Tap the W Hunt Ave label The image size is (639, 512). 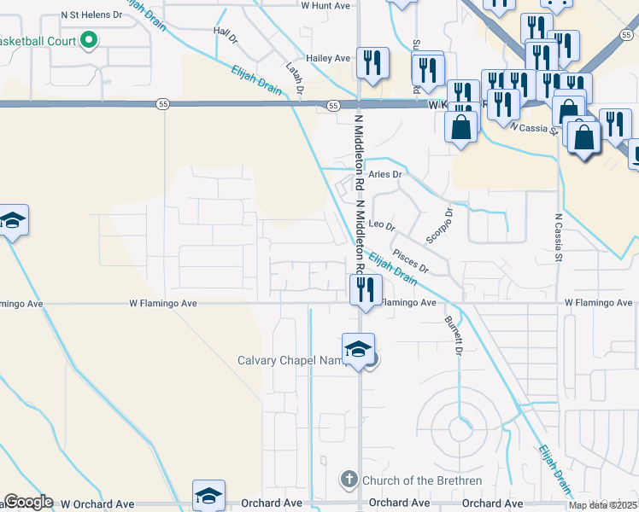[x=326, y=5]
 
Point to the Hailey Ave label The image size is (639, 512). [x=329, y=58]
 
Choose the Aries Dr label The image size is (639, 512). [x=384, y=174]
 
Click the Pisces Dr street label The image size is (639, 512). [x=411, y=262]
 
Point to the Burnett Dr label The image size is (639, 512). [x=453, y=336]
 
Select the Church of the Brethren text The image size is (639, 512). [x=421, y=480]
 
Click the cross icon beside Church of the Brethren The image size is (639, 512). [x=349, y=480]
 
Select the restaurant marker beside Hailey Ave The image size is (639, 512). [x=372, y=62]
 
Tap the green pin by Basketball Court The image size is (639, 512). [x=88, y=40]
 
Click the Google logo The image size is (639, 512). [x=27, y=502]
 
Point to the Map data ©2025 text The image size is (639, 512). [x=603, y=505]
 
